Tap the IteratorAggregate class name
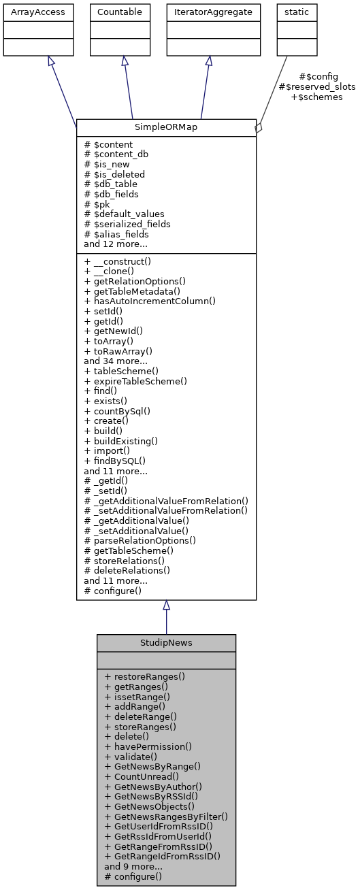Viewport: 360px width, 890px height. click(x=208, y=12)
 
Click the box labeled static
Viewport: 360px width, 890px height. click(x=293, y=12)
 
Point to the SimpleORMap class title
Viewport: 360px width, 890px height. click(x=166, y=127)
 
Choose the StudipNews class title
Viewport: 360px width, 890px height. click(x=166, y=642)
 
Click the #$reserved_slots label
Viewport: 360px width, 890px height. click(x=316, y=87)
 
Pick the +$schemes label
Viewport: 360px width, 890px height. click(x=316, y=97)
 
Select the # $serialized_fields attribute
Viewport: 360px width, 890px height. click(x=127, y=224)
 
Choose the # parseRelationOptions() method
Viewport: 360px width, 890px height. click(x=140, y=541)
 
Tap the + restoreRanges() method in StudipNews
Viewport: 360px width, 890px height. click(x=144, y=677)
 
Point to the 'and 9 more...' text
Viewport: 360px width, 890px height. click(x=133, y=866)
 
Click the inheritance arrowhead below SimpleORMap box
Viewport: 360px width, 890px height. click(x=166, y=606)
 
